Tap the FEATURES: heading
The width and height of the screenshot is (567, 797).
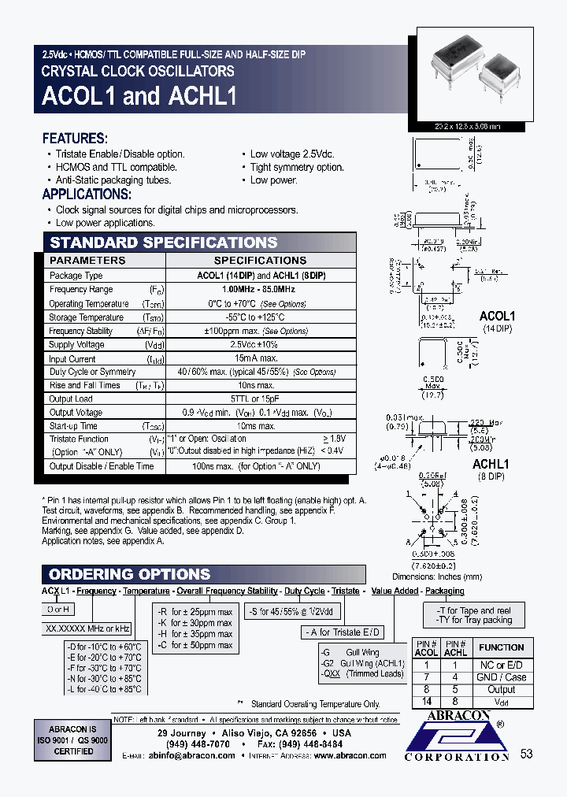click(74, 138)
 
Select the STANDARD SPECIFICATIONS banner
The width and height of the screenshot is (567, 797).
click(164, 243)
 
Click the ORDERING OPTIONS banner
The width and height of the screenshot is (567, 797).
click(129, 574)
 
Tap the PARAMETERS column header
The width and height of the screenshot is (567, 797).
click(87, 260)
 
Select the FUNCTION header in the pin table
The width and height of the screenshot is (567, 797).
click(502, 647)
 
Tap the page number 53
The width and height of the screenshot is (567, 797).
click(527, 754)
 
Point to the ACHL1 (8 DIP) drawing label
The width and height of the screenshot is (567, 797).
click(492, 470)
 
